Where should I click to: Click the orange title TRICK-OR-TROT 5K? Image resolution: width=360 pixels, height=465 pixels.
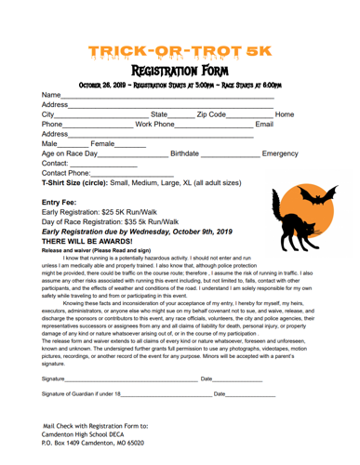[180, 51]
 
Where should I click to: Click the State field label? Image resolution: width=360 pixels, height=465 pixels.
[163, 113]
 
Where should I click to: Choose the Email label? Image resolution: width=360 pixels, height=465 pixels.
[264, 124]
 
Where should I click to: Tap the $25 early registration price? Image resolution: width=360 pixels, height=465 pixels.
[114, 212]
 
